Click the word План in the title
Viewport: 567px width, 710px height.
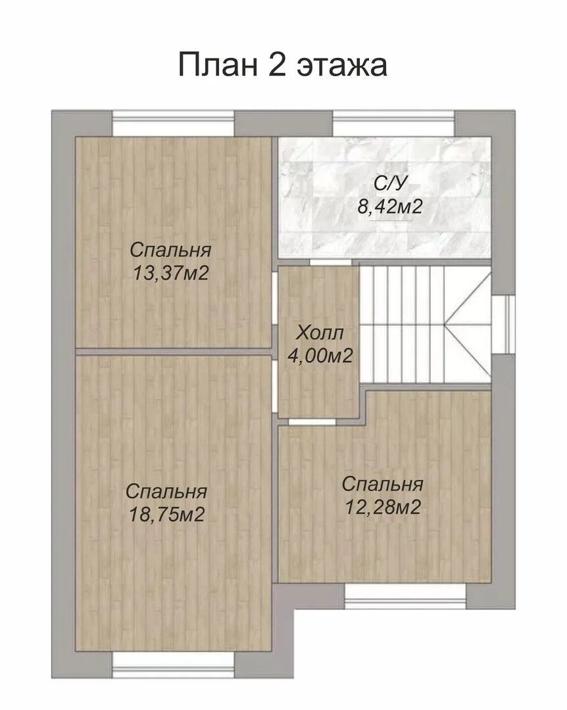(x=218, y=64)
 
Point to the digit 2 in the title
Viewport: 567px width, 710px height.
(x=277, y=64)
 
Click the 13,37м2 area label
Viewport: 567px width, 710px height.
(x=170, y=273)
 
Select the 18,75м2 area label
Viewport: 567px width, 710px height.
(x=167, y=514)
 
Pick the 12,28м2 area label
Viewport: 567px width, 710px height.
(x=383, y=507)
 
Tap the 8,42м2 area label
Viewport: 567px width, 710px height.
(x=390, y=207)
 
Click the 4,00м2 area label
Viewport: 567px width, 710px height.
(x=320, y=356)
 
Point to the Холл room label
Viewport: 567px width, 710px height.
(x=320, y=334)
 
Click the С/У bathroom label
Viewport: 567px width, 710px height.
(x=391, y=183)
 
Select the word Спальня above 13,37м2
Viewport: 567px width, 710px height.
(x=170, y=250)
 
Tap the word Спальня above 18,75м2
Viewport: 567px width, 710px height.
(x=166, y=491)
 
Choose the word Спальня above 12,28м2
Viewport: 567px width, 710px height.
(x=383, y=484)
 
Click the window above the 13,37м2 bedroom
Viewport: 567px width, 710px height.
(x=173, y=123)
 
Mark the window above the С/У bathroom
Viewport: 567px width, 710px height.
(x=394, y=123)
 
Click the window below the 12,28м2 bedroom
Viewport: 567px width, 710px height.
(x=405, y=596)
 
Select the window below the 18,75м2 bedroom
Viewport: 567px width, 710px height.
(x=173, y=665)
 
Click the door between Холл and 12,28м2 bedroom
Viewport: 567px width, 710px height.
(x=312, y=421)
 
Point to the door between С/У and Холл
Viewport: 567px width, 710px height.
(x=332, y=262)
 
